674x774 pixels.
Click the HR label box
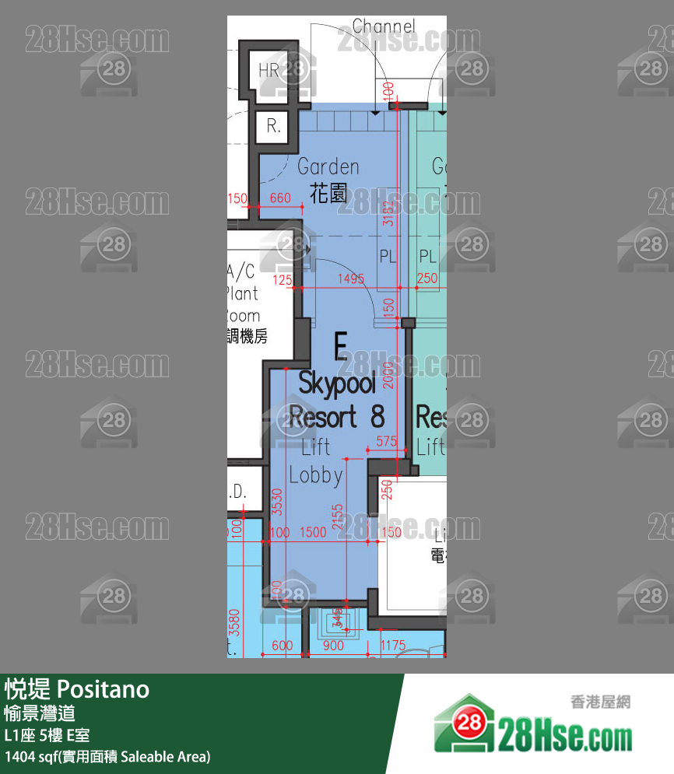[x=269, y=71]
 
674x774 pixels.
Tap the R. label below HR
[x=273, y=126]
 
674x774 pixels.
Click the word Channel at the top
[x=384, y=26]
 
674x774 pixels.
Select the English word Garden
[x=328, y=166]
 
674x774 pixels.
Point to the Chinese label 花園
[x=328, y=193]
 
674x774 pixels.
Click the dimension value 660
[x=280, y=198]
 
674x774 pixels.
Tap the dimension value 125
[x=283, y=279]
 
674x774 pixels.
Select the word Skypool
[x=337, y=383]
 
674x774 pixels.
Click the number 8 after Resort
[x=377, y=417]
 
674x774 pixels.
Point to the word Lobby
[x=316, y=475]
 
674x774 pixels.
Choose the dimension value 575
[x=387, y=441]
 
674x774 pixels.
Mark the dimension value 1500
[x=312, y=532]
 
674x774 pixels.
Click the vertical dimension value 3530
[x=277, y=506]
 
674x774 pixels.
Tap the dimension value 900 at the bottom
[x=333, y=645]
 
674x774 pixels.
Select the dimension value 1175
[x=393, y=645]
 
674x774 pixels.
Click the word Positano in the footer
[x=104, y=689]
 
